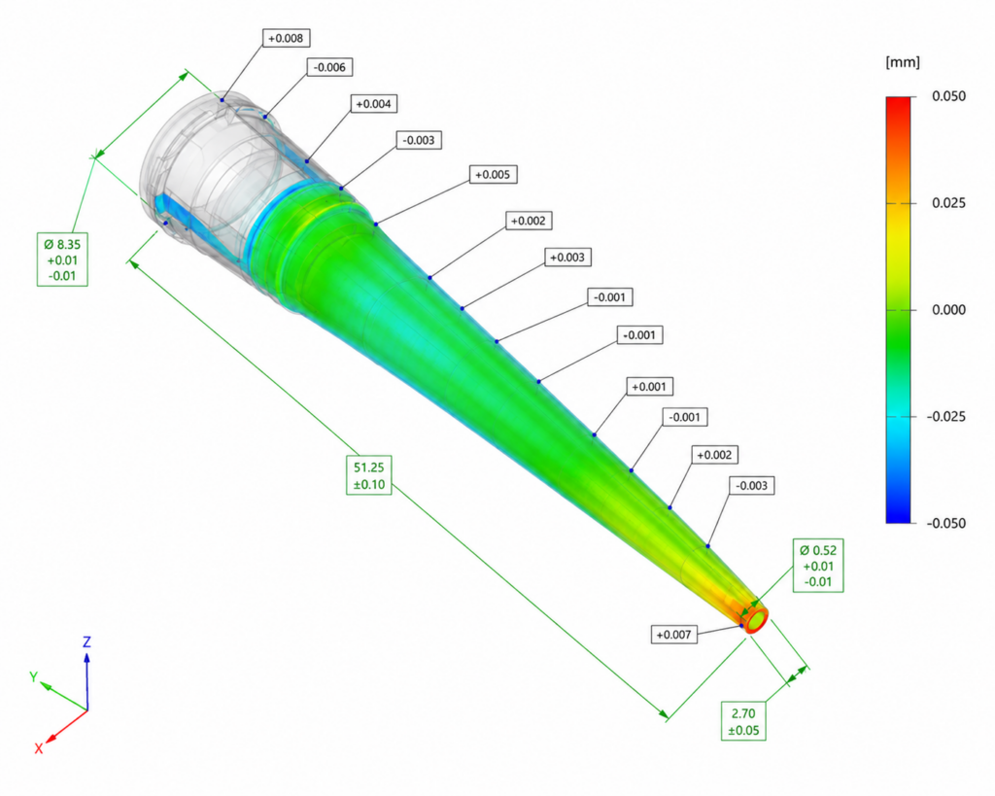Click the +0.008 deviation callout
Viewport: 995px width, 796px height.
pyautogui.click(x=286, y=38)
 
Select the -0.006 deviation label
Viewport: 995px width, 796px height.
pyautogui.click(x=330, y=67)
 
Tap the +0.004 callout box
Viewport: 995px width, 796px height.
pyautogui.click(x=374, y=104)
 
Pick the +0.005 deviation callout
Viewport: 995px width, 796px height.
pyautogui.click(x=493, y=175)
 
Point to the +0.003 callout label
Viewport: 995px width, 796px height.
pyautogui.click(x=567, y=258)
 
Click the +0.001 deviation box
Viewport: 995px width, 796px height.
pyautogui.click(x=649, y=387)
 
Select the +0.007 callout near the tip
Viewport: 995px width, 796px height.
pyautogui.click(x=674, y=635)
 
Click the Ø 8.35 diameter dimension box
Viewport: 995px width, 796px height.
pyautogui.click(x=62, y=260)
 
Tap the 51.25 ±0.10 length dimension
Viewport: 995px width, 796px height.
pyautogui.click(x=368, y=475)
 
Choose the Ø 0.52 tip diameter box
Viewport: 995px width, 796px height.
pyautogui.click(x=818, y=566)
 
